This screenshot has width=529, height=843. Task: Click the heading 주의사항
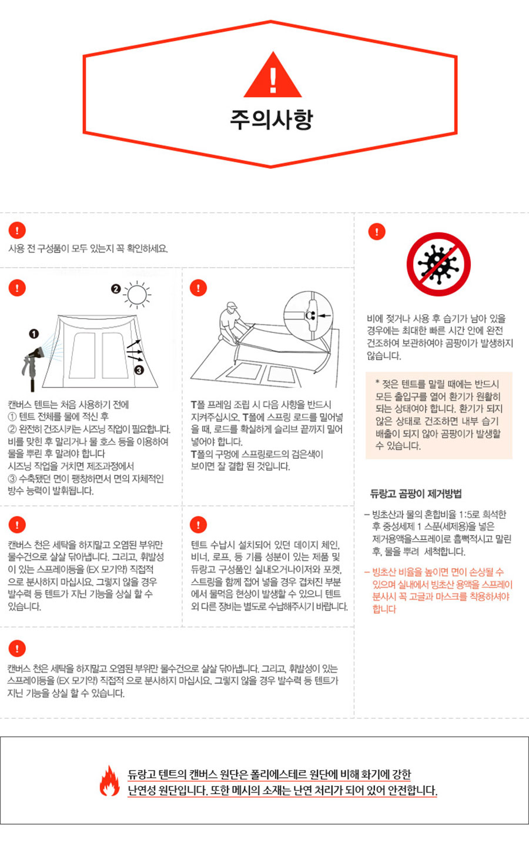(x=272, y=119)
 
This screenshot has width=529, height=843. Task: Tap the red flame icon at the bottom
(x=110, y=781)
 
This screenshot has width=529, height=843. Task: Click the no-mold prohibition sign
(x=438, y=264)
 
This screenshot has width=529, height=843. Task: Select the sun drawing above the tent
(x=137, y=294)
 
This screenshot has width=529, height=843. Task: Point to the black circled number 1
(x=34, y=334)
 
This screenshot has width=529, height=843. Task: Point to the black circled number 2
(x=116, y=289)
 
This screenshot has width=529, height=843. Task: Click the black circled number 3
(x=139, y=370)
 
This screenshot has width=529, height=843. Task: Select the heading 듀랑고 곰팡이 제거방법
(x=416, y=494)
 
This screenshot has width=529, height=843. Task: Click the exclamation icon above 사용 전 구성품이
(x=17, y=231)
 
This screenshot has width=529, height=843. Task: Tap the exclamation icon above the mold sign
(x=377, y=231)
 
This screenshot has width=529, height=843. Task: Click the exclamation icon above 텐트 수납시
(x=198, y=525)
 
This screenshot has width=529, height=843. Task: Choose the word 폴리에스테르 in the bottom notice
(x=278, y=774)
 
